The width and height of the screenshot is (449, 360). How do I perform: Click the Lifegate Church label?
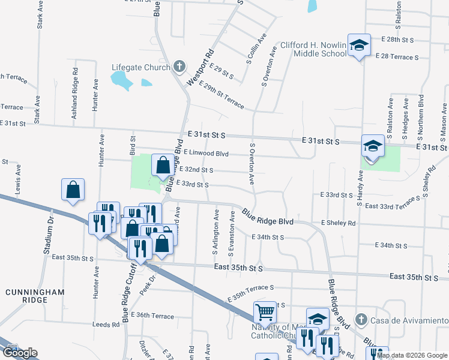[141, 67]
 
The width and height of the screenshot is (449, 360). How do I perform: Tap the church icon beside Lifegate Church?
[178, 67]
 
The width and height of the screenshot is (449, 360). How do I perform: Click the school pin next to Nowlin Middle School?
[359, 46]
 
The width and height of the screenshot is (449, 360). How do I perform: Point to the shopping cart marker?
[265, 311]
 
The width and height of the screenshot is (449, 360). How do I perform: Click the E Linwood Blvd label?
[206, 153]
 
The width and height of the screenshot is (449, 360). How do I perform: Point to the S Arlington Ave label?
[215, 231]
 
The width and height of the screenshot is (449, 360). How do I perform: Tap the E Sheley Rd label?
[338, 223]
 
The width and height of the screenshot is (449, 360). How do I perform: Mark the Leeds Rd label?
[106, 324]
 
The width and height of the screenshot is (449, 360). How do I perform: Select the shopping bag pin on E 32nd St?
[163, 165]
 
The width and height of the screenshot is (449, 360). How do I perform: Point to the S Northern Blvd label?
[421, 114]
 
